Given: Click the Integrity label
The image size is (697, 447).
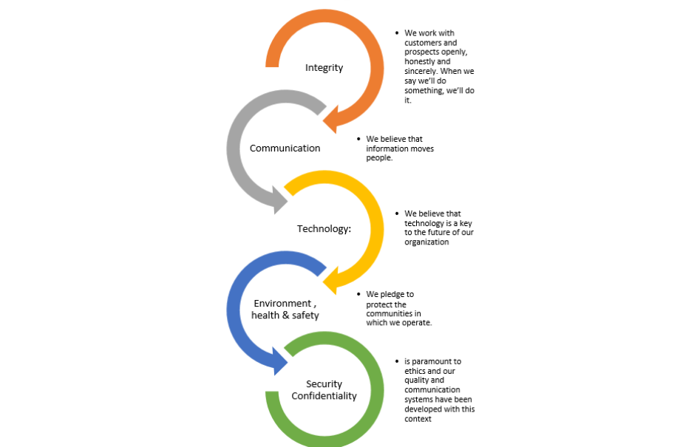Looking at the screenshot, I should click(324, 68).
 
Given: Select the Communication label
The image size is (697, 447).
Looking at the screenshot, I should click(285, 148).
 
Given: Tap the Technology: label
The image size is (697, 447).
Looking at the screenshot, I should click(324, 228).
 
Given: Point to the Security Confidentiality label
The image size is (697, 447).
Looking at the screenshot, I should click(324, 389).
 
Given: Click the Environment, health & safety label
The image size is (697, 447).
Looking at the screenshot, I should click(285, 309).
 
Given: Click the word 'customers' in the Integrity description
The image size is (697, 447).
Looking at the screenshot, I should click(422, 43).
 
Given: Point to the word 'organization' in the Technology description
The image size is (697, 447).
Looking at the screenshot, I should click(426, 242).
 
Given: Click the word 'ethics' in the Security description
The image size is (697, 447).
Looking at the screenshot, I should click(415, 371).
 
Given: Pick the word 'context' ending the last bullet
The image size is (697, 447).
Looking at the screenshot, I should click(418, 419).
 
